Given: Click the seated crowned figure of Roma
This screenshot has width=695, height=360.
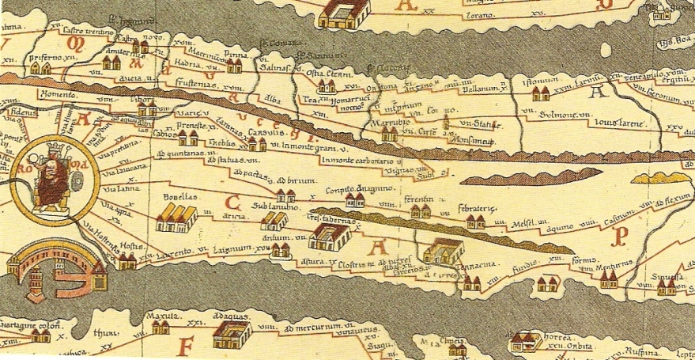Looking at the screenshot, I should click(x=52, y=176).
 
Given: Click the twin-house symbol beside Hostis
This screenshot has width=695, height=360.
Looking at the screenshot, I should click(x=127, y=260).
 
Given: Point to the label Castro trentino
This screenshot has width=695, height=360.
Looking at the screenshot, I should click(x=85, y=31).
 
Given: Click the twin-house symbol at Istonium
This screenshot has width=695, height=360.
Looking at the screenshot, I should click(x=540, y=94).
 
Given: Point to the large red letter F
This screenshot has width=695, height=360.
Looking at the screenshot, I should click(x=186, y=346).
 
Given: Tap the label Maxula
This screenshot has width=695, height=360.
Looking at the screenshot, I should click(x=159, y=317).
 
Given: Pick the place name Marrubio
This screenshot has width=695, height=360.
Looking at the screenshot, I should click(x=388, y=123).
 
